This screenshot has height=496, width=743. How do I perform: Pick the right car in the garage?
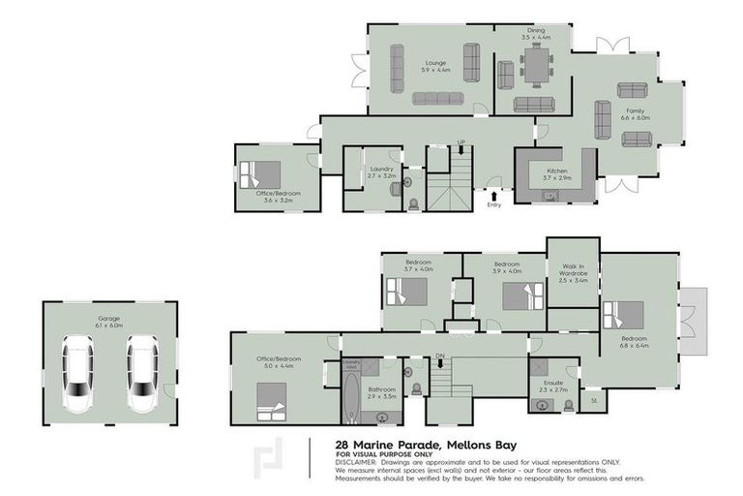141,373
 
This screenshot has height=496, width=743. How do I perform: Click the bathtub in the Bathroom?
350,393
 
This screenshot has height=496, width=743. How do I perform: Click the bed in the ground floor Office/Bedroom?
261,174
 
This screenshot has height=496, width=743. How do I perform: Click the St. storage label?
593,399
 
